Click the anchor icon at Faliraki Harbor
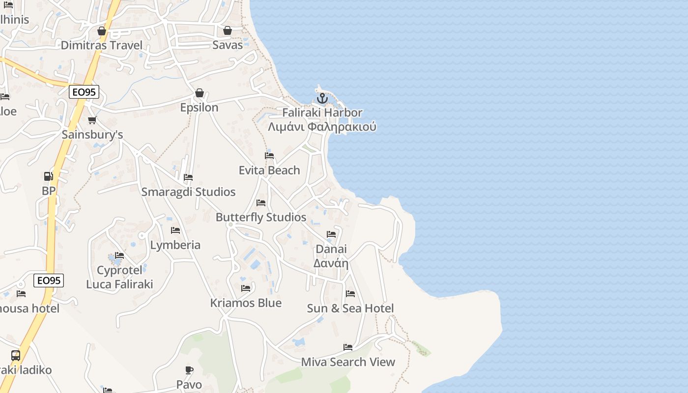click(322, 98)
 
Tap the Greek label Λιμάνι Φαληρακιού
click(322, 127)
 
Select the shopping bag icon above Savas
click(228, 30)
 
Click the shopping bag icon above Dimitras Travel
click(102, 31)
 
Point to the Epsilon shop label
click(199, 107)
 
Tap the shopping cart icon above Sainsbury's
click(92, 120)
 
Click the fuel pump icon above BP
click(48, 176)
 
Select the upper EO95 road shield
click(84, 91)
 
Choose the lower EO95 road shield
click(49, 281)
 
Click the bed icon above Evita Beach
click(269, 156)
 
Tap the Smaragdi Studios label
click(188, 192)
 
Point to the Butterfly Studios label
click(261, 217)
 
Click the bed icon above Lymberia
click(175, 230)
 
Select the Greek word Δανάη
click(331, 263)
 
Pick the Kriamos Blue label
click(246, 303)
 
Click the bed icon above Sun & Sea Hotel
click(350, 294)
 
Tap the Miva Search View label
click(348, 362)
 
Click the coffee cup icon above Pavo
click(189, 370)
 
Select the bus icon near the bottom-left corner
click(16, 355)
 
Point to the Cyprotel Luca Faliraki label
click(119, 277)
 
